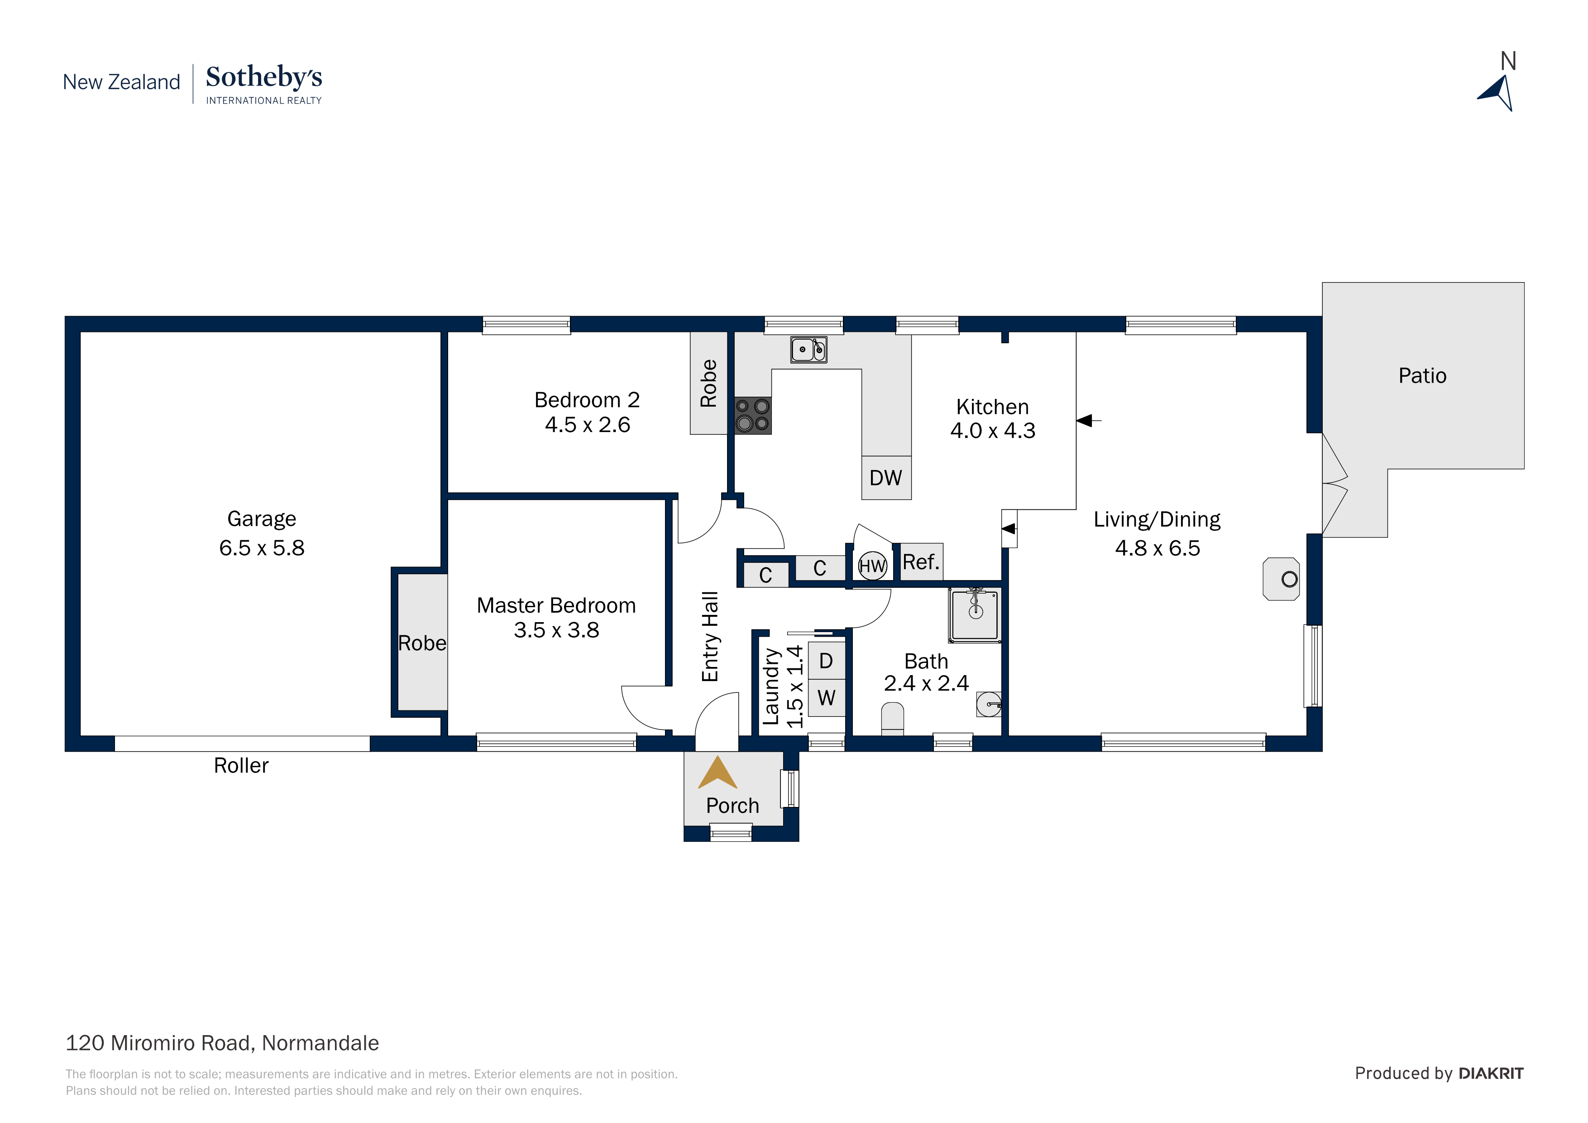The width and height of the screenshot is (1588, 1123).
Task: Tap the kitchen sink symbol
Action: click(x=808, y=350)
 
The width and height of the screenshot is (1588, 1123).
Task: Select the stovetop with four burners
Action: click(x=752, y=415)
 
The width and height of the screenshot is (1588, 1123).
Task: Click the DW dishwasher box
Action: click(x=886, y=477)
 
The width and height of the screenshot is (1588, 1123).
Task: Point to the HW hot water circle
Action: click(x=872, y=566)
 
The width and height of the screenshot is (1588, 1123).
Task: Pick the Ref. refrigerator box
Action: click(x=921, y=562)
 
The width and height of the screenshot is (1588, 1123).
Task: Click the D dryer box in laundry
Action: click(x=826, y=661)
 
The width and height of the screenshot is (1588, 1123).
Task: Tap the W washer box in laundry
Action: click(x=826, y=697)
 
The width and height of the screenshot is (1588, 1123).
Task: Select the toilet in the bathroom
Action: click(x=892, y=718)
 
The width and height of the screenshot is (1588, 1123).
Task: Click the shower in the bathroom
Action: click(x=975, y=614)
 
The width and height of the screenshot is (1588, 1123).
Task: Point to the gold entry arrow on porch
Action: click(x=717, y=773)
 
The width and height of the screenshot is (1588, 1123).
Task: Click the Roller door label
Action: click(x=241, y=765)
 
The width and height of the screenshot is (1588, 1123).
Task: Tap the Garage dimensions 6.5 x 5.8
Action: click(x=262, y=548)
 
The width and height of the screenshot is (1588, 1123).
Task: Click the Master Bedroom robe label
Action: click(x=422, y=643)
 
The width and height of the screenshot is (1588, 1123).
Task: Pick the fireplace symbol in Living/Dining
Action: click(x=1282, y=579)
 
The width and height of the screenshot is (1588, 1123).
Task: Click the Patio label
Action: click(x=1422, y=376)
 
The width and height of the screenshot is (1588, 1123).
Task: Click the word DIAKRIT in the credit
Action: click(x=1491, y=1073)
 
